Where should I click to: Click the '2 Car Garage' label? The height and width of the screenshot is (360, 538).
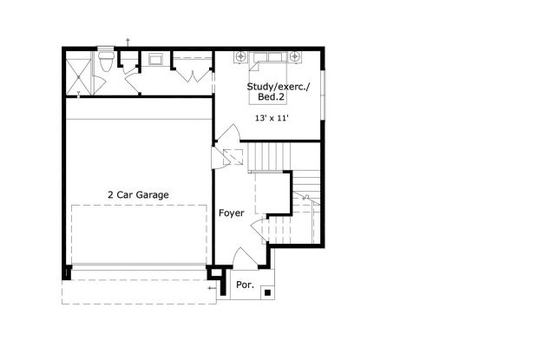[138, 194]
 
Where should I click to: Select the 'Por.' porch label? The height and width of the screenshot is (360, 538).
[244, 284]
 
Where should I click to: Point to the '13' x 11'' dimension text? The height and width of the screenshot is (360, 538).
[272, 117]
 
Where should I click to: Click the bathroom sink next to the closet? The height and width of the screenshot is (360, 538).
[158, 59]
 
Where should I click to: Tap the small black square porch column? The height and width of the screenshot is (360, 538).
[267, 292]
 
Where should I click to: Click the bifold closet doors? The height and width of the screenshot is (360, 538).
[192, 73]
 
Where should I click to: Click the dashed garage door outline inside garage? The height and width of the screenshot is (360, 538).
[139, 234]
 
